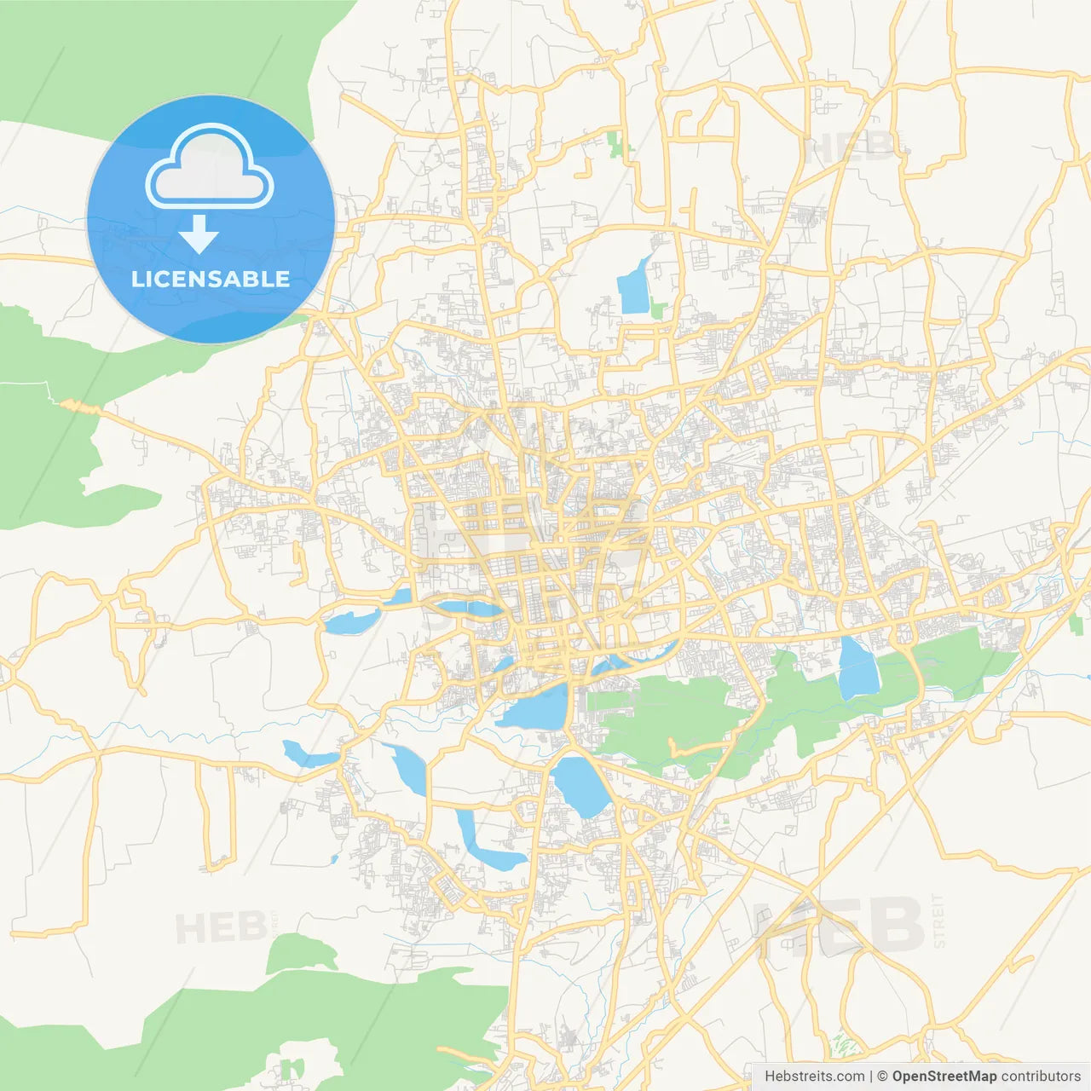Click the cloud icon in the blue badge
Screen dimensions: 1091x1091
pos(210,167)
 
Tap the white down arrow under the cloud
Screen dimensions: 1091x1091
pos(199,234)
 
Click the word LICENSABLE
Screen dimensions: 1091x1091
pos(211,279)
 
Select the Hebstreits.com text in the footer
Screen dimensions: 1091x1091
pos(814,1077)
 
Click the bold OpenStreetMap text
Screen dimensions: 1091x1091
pos(944,1077)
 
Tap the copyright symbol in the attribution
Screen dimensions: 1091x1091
pos(882,1077)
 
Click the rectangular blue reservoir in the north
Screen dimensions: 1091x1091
pos(634,288)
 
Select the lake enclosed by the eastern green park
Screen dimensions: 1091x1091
pos(857,667)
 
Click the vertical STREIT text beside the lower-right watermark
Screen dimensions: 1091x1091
pos(938,921)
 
